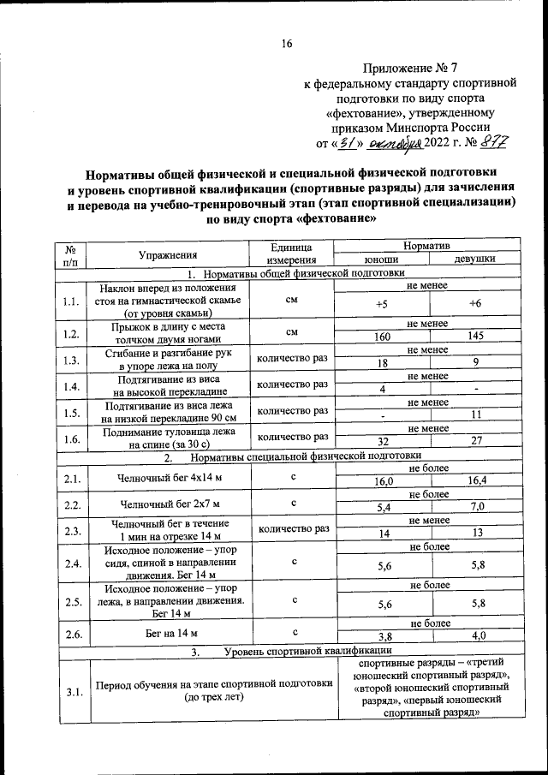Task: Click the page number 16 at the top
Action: coord(287,45)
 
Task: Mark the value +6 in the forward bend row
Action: coord(475,305)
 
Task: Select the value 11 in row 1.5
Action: coord(475,414)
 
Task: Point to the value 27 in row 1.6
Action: coord(475,440)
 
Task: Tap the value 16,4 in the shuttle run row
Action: coord(477,481)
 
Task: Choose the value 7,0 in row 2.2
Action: coord(477,507)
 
